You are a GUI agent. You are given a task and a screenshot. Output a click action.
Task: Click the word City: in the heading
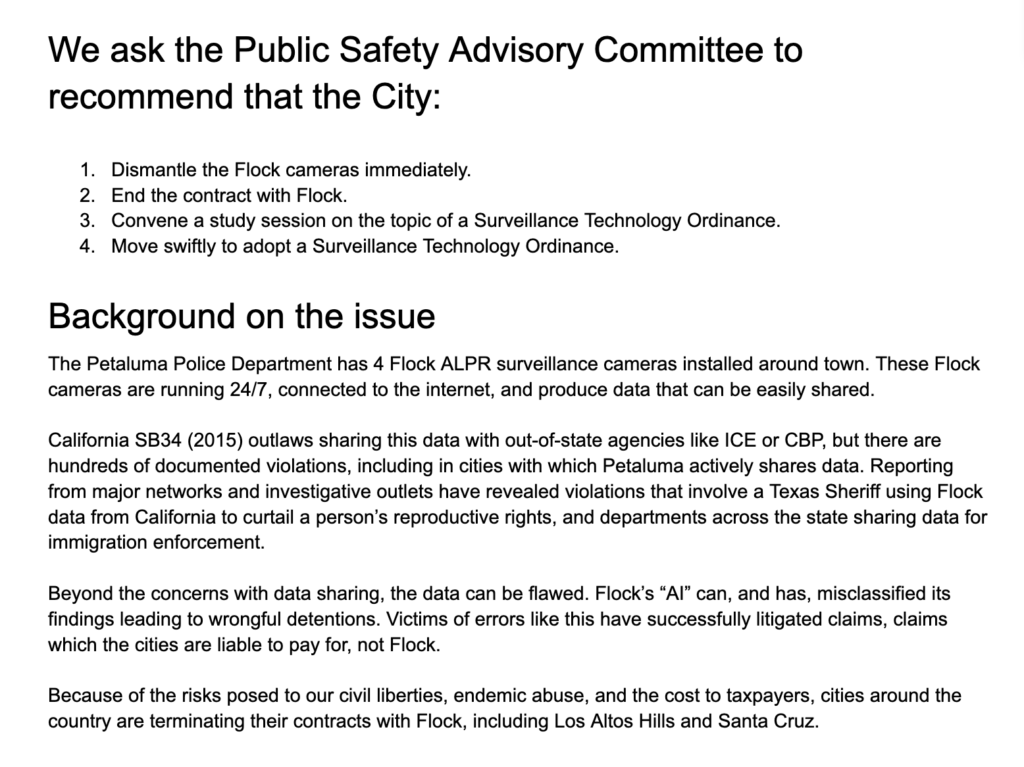[400, 97]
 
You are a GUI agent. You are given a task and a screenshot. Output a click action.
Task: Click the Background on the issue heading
[242, 316]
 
